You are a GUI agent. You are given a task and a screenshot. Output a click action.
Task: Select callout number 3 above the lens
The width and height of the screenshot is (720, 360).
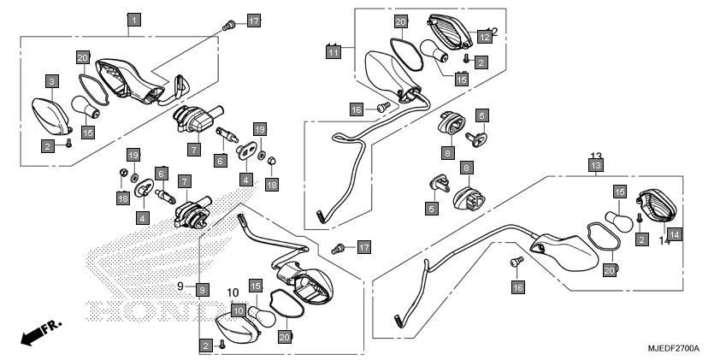(52, 81)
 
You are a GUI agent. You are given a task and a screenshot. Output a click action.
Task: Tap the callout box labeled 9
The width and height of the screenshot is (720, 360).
(201, 289)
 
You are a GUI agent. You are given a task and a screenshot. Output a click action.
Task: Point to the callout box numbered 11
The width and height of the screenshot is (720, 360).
(333, 51)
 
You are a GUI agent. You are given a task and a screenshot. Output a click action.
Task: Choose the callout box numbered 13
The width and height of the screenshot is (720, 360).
(596, 164)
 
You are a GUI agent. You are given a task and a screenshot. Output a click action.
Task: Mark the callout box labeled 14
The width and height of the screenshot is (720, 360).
(673, 233)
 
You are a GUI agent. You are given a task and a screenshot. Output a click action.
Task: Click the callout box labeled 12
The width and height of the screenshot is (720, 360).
(484, 37)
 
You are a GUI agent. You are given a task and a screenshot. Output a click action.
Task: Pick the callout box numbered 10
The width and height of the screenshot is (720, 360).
(239, 310)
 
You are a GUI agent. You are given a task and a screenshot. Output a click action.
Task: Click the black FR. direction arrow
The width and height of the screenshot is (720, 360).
(32, 334)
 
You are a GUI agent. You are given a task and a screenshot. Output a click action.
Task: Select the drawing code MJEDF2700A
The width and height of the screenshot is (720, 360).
(672, 349)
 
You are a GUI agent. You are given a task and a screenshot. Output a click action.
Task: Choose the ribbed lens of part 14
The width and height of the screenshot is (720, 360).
(658, 209)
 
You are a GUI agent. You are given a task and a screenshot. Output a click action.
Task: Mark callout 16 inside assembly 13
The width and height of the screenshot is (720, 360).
(516, 288)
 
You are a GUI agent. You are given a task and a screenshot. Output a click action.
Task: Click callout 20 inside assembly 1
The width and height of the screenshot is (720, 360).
(82, 58)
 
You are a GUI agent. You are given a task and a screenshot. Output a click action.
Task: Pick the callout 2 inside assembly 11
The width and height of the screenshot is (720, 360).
(481, 62)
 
